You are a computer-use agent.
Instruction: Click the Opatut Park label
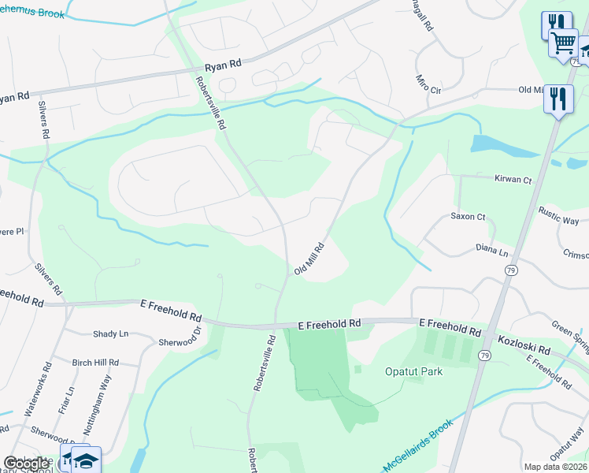(x=413, y=371)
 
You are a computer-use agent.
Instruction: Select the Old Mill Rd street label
(x=310, y=259)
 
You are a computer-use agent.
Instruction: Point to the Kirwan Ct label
(x=513, y=181)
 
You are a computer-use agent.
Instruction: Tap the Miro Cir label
(x=428, y=82)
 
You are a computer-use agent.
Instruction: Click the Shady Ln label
(x=110, y=333)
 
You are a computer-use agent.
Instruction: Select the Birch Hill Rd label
(x=94, y=363)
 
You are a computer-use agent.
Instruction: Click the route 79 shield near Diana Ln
(x=509, y=270)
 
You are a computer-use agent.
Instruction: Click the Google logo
(x=26, y=463)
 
